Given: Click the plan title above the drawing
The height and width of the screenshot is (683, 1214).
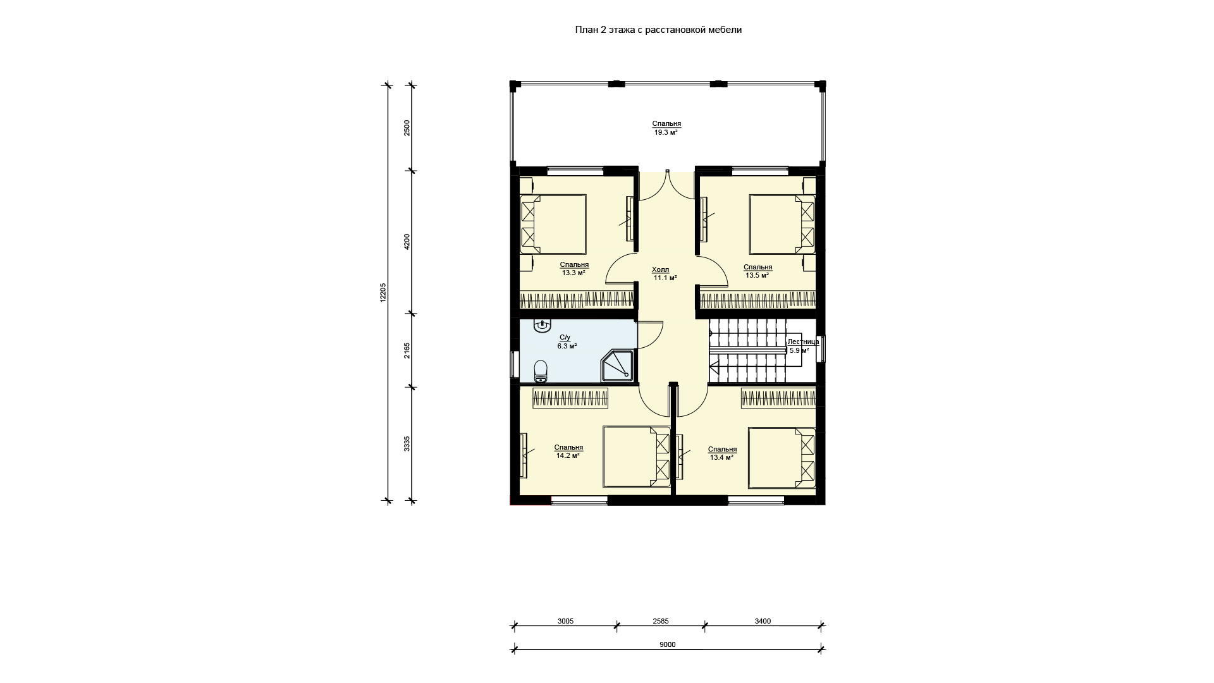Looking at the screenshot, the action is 658,30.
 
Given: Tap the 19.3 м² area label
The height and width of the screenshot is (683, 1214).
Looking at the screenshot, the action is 666,133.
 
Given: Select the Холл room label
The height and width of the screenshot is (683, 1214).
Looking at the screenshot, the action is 661,270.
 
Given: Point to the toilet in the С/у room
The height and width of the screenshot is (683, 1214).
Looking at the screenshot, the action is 541,371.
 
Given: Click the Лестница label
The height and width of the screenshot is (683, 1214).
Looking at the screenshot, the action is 803,341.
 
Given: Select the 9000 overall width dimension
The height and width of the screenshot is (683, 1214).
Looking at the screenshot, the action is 668,644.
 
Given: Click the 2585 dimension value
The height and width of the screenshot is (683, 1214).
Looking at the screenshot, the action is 661,621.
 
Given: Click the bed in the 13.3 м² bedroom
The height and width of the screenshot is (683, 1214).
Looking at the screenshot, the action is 553,224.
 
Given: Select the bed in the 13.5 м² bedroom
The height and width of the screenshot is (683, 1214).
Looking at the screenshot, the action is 782,224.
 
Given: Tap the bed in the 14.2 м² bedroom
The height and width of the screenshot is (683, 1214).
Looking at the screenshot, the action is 637,457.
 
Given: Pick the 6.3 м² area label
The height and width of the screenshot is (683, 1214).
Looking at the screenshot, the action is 567,347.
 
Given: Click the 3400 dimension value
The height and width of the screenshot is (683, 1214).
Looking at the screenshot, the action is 763,621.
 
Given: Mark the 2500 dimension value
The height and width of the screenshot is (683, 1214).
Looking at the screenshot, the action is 407,128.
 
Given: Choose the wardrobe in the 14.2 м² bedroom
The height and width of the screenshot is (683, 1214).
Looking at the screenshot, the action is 570,398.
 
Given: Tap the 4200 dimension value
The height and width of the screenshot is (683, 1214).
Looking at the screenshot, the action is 407,242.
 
